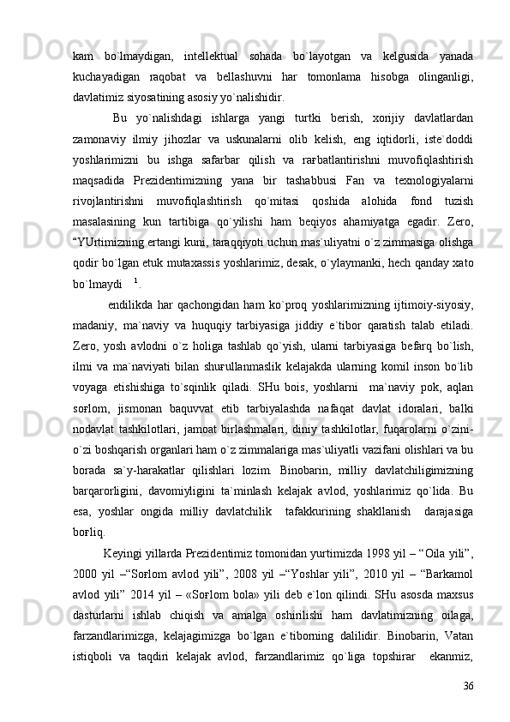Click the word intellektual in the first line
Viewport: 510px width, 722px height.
(205, 57)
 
